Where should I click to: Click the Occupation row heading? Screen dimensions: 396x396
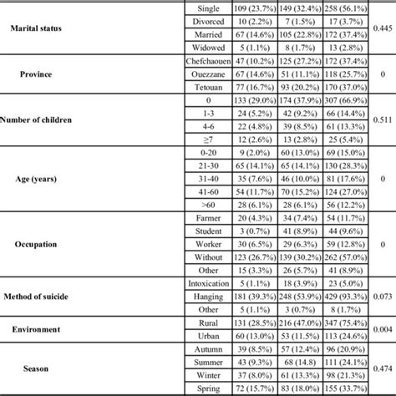click(x=48, y=246)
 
